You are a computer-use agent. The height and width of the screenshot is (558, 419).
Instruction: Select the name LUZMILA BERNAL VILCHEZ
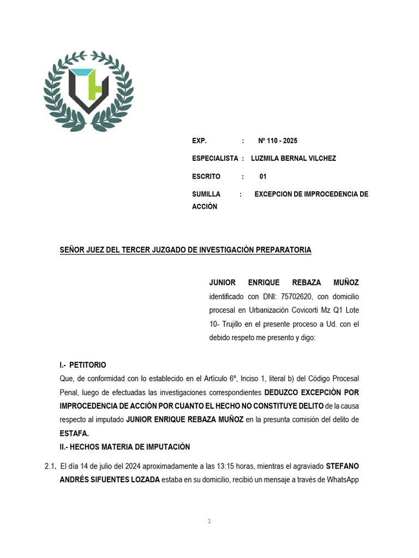(x=294, y=158)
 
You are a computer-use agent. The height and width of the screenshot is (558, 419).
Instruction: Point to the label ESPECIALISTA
(x=215, y=158)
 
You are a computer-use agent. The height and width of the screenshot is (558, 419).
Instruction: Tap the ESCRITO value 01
(x=263, y=177)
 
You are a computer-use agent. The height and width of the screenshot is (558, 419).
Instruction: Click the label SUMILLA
(x=206, y=194)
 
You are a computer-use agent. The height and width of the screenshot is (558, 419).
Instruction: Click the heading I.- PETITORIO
(x=82, y=365)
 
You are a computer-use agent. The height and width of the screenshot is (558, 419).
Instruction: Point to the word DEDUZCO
(x=282, y=392)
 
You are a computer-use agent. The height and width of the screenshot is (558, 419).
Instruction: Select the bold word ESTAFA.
(x=74, y=434)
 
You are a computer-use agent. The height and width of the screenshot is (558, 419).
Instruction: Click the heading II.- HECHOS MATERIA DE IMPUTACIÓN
(x=124, y=447)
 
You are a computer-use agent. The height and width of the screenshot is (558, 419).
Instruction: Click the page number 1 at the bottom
(x=209, y=521)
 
